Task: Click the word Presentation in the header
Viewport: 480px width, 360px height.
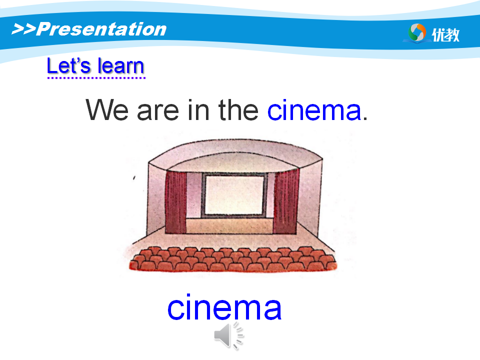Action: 101,29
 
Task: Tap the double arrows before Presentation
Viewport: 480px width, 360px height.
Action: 23,29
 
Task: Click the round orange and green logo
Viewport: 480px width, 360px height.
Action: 417,32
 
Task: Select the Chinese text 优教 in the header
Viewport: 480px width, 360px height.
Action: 445,34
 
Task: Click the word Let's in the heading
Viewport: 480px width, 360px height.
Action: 69,65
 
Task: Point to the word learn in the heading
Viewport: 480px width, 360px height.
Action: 121,65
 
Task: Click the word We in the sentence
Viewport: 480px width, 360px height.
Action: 107,109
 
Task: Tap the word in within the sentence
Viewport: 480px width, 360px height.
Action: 198,109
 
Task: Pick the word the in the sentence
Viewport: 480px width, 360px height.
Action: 238,109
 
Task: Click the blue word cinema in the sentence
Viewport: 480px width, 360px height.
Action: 314,109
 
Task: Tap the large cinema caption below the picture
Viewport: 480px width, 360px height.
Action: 224,307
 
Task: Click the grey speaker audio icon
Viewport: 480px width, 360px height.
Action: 228,336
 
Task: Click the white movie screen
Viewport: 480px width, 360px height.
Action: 234,195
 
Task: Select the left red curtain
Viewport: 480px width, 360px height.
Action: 175,202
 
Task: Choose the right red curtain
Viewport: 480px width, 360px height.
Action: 286,202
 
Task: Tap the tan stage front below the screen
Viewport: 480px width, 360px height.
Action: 229,226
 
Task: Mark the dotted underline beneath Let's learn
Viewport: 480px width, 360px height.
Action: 96,78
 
